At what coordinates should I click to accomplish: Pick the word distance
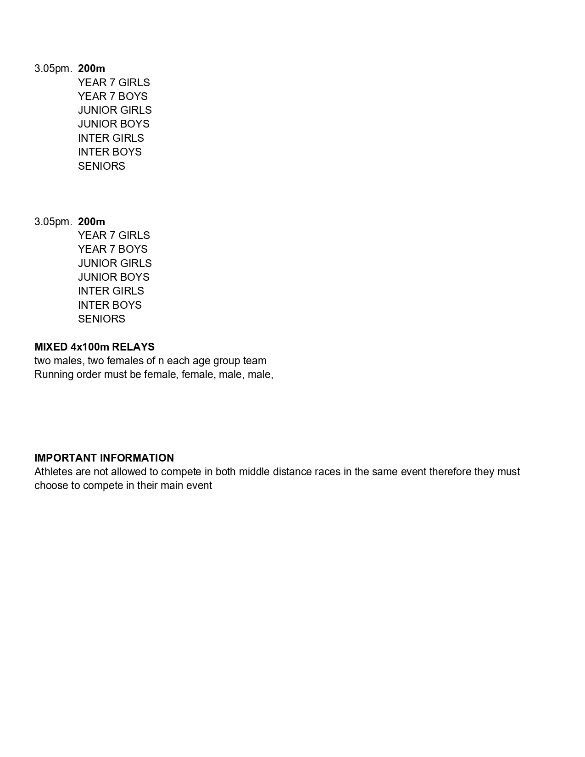click(x=292, y=472)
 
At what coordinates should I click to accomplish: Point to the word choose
click(x=51, y=485)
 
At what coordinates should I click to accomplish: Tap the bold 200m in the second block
click(x=91, y=222)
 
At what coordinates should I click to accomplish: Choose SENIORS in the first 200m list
click(x=101, y=166)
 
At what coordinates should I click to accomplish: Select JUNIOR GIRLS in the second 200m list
click(x=115, y=263)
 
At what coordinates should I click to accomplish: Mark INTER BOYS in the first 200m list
click(x=110, y=152)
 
